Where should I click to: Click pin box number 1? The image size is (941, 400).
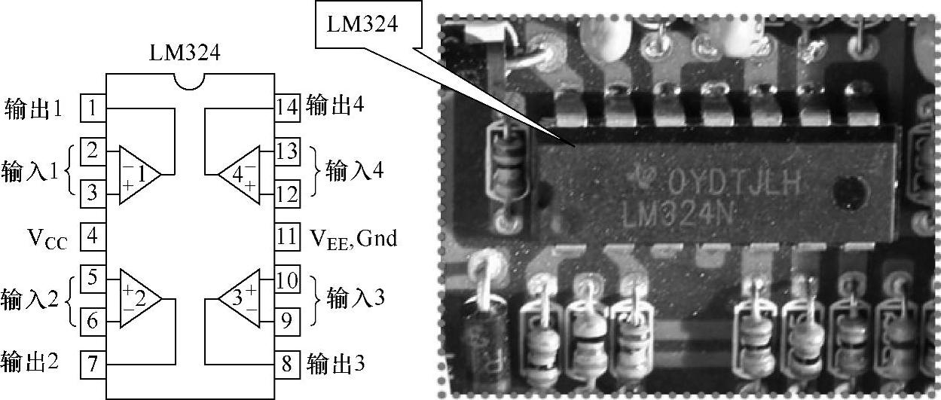(x=91, y=108)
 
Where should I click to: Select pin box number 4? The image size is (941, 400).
(x=91, y=237)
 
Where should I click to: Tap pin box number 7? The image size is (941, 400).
(x=91, y=365)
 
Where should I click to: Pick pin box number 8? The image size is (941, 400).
(x=286, y=365)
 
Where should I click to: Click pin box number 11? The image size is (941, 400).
(x=286, y=237)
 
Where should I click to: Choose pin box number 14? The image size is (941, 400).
(x=286, y=108)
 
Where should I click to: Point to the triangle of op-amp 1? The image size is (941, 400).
(x=136, y=174)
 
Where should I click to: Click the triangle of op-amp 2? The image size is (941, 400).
(x=136, y=299)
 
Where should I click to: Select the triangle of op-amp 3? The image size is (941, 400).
(x=240, y=299)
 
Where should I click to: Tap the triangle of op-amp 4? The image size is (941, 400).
(x=240, y=174)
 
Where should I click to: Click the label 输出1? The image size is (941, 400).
(x=33, y=109)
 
